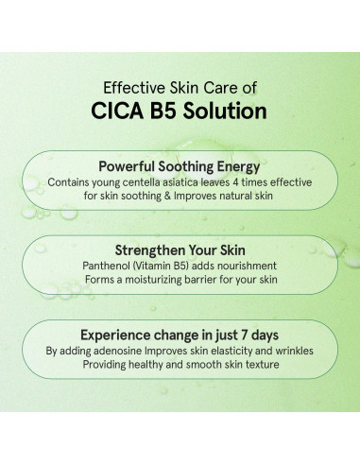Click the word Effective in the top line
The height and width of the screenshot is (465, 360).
click(130, 86)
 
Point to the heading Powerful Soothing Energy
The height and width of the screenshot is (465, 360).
click(180, 164)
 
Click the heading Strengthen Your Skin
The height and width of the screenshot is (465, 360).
click(180, 250)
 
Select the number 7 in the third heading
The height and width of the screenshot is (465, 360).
click(248, 335)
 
